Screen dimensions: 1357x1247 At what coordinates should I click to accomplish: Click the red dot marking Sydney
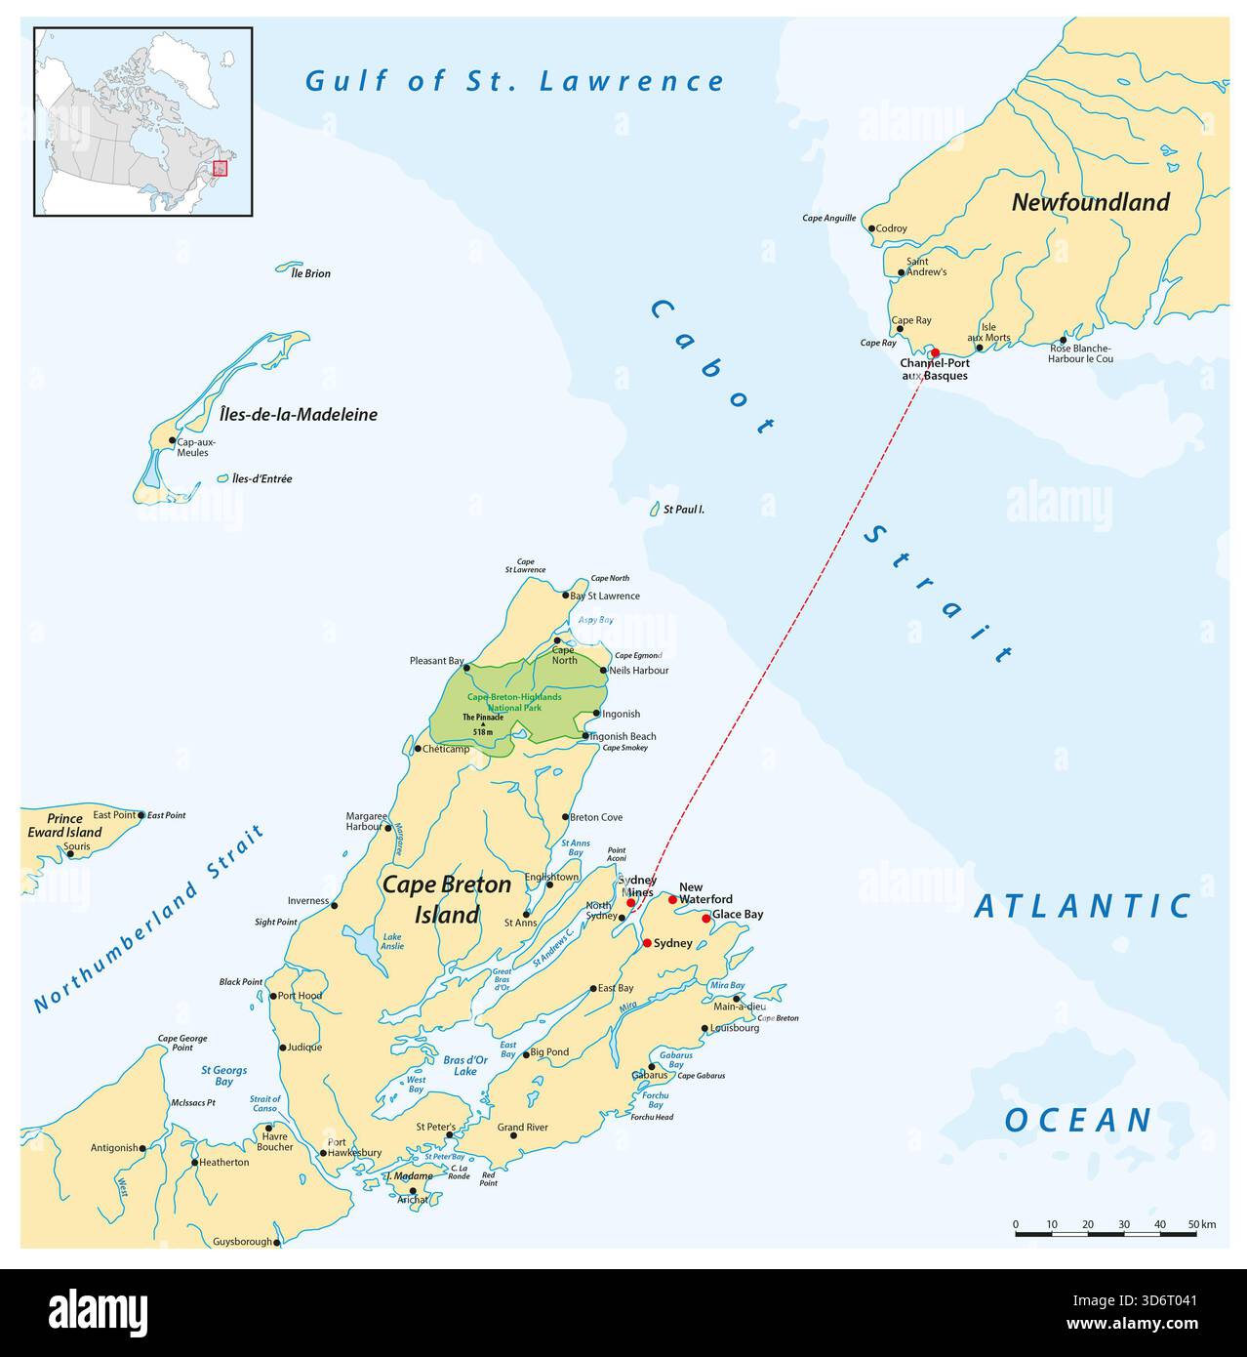[x=646, y=943]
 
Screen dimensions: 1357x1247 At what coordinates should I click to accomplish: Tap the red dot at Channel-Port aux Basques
[x=934, y=352]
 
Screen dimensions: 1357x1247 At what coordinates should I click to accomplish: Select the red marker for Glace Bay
[x=705, y=918]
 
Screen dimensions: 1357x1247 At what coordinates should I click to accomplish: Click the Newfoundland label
[x=1090, y=202]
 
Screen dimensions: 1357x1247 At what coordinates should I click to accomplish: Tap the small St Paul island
[x=655, y=510]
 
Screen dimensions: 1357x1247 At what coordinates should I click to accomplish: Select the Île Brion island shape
[x=289, y=265]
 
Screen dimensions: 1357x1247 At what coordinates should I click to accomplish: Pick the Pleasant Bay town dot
[x=466, y=668]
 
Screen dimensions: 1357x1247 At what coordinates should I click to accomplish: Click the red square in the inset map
[x=221, y=168]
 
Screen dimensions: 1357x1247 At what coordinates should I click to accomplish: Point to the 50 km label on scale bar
[x=1200, y=1224]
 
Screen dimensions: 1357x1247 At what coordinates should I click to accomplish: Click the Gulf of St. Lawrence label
[x=515, y=81]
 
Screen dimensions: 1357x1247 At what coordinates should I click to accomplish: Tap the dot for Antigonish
[x=142, y=1148]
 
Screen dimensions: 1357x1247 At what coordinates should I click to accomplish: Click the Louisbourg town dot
[x=704, y=1028]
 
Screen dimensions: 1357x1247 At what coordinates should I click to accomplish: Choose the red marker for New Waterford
[x=672, y=899]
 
